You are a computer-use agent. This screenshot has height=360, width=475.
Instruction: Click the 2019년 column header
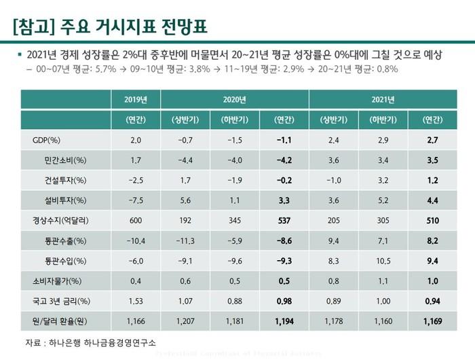(x=136, y=100)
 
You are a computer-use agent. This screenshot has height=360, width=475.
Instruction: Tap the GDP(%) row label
(x=47, y=141)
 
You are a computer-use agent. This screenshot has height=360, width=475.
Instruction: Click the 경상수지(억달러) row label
(x=60, y=221)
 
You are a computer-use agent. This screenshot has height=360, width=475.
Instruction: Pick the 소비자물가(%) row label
(x=57, y=281)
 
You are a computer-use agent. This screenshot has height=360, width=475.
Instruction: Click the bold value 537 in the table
(x=284, y=221)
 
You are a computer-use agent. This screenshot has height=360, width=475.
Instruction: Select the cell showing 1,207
(x=186, y=320)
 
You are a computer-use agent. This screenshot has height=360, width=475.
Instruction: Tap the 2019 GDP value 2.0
(x=136, y=141)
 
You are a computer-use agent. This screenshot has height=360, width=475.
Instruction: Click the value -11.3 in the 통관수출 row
(x=186, y=240)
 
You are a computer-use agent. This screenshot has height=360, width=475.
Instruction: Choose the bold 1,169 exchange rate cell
(x=432, y=320)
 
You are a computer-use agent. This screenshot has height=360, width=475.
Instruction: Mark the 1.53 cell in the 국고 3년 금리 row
(x=136, y=300)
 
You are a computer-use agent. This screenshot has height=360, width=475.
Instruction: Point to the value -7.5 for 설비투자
(x=136, y=200)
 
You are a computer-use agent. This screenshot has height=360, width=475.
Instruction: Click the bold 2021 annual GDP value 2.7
(x=432, y=141)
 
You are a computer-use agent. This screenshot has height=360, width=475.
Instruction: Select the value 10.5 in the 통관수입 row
(x=383, y=260)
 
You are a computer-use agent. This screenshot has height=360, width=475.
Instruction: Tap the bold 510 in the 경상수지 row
(x=432, y=221)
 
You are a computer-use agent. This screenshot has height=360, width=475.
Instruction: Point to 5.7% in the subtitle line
(x=91, y=69)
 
